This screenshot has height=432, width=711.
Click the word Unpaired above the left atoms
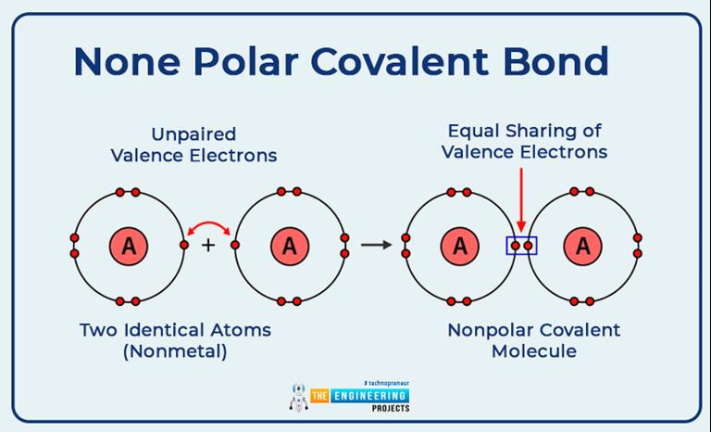(x=193, y=134)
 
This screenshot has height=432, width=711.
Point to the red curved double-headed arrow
(x=210, y=229)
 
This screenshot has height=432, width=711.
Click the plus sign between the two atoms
(x=208, y=246)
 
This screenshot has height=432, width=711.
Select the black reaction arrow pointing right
(x=376, y=246)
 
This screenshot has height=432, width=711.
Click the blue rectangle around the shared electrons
(x=521, y=246)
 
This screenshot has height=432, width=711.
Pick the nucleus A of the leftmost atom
(x=129, y=246)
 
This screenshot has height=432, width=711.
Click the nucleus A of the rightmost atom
(x=583, y=246)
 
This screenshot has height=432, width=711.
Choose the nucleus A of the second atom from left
(x=290, y=246)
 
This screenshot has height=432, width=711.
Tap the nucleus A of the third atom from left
(x=459, y=246)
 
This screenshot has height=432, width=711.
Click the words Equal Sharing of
(x=524, y=131)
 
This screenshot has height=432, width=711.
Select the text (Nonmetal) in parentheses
(x=175, y=351)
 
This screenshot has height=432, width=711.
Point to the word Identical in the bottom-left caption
(x=177, y=330)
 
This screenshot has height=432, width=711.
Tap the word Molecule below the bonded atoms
(x=534, y=351)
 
